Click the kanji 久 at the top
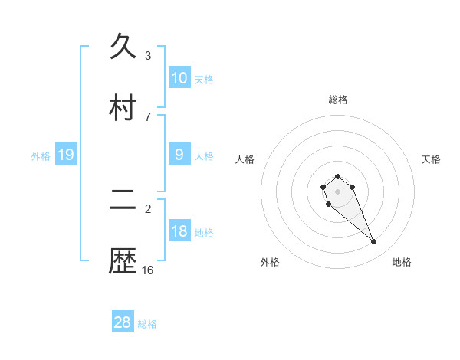[124, 47]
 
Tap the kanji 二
[124, 201]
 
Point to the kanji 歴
[124, 261]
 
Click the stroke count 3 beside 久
[148, 56]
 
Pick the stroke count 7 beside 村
[148, 116]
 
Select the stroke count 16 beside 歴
[148, 270]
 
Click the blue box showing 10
[179, 78]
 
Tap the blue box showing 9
[179, 155]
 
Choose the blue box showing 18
[179, 231]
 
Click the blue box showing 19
[66, 155]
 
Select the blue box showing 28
[123, 322]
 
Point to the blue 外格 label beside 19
[41, 155]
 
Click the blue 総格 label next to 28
[147, 324]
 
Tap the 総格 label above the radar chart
[338, 100]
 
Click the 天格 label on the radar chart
[432, 159]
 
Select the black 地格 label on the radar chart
[402, 262]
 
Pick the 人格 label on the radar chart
[245, 159]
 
